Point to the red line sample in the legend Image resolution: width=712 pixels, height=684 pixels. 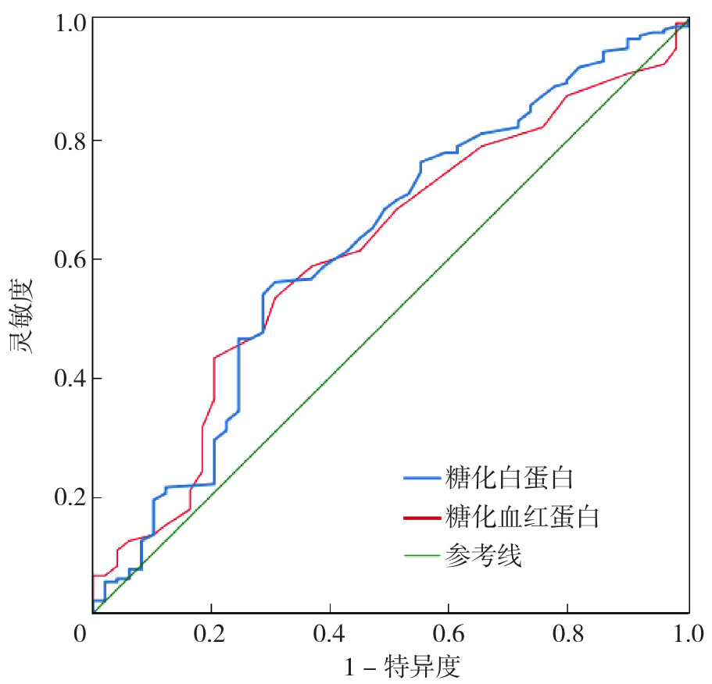422,517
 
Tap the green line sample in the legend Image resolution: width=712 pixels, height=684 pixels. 422,557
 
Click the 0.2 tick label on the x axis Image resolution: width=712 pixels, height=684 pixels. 211,633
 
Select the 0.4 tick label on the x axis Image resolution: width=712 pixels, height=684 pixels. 330,633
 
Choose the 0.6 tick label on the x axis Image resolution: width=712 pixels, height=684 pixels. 449,633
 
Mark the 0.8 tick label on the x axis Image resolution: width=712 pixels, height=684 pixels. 568,633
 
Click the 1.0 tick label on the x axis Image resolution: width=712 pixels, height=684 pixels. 687,633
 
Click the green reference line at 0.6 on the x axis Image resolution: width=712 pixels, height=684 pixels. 449,258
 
